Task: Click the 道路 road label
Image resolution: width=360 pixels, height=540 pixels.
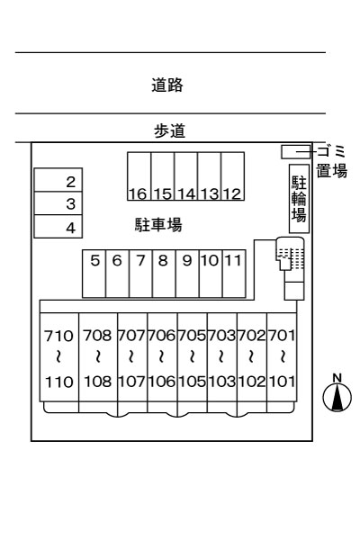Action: click(167, 85)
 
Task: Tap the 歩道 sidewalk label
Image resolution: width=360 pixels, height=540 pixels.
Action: click(169, 130)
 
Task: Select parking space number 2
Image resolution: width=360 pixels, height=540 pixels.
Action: click(58, 180)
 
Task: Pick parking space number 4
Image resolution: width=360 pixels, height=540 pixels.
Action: click(58, 226)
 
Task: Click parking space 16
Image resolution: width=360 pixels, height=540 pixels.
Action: click(139, 176)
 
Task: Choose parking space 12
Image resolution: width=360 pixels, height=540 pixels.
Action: click(233, 176)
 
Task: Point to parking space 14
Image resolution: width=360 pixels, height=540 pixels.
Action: click(186, 176)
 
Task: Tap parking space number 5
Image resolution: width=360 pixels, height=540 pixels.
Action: click(94, 274)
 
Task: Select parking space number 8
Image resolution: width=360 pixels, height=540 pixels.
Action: click(164, 274)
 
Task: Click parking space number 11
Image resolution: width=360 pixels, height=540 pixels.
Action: click(234, 274)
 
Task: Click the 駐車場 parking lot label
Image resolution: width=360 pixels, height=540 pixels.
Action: click(158, 225)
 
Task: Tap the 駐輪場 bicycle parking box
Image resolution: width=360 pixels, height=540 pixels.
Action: click(299, 199)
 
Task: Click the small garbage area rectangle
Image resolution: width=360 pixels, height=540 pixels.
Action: click(295, 152)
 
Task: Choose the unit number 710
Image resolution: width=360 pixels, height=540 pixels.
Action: click(58, 336)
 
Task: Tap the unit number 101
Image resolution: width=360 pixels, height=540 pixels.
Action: click(282, 382)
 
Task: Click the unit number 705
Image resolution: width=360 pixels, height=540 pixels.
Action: click(193, 335)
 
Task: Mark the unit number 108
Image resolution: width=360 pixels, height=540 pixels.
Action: click(98, 382)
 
